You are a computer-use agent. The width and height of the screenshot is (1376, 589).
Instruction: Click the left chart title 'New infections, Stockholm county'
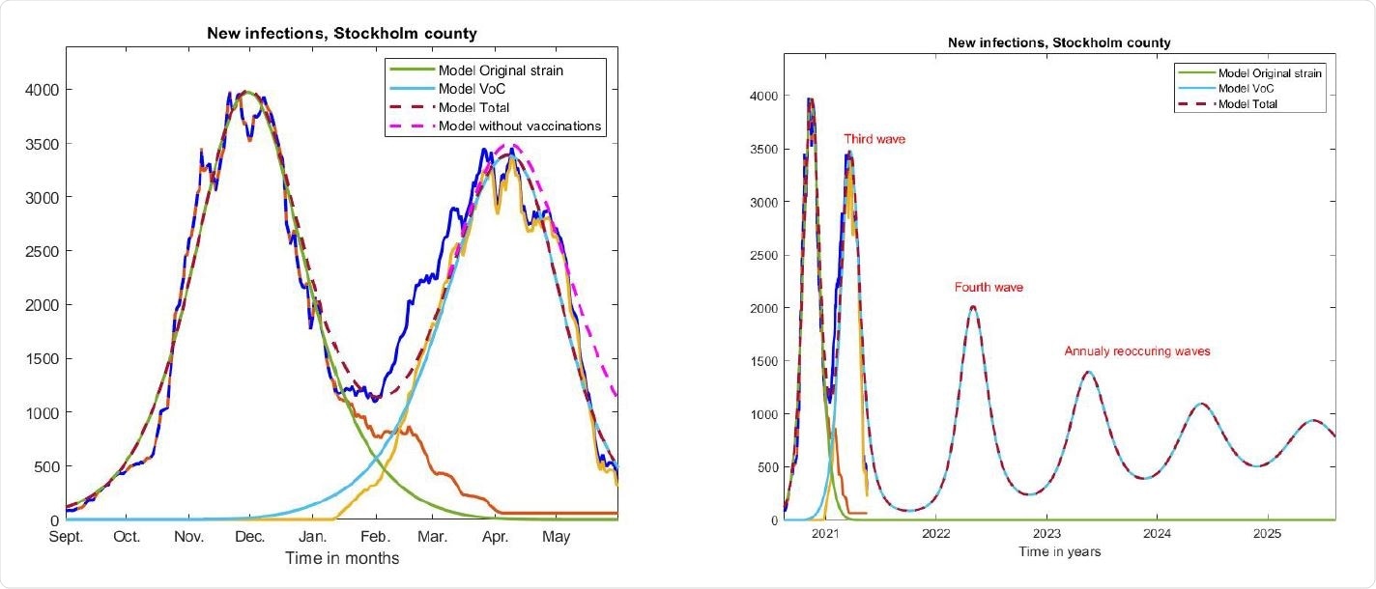click(x=341, y=34)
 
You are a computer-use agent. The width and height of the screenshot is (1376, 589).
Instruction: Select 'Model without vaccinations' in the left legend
click(x=521, y=126)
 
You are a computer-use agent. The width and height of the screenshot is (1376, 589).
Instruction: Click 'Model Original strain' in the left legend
click(x=501, y=70)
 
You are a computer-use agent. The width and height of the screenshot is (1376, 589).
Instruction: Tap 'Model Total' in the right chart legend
click(x=1248, y=103)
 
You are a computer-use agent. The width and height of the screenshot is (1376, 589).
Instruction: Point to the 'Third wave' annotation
click(x=874, y=140)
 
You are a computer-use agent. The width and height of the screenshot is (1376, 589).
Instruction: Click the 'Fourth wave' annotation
click(x=988, y=288)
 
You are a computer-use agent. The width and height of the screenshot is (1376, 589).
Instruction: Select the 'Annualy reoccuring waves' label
click(x=1136, y=351)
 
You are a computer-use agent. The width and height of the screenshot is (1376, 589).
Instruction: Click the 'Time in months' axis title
click(x=341, y=558)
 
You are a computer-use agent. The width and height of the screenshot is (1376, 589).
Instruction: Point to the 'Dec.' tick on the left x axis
click(x=250, y=537)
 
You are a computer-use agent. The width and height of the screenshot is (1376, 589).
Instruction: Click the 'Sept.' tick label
click(x=66, y=537)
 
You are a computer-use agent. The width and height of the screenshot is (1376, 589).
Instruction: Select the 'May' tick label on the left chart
click(x=556, y=537)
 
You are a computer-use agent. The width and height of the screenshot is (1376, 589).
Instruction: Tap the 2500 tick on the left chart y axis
click(x=37, y=251)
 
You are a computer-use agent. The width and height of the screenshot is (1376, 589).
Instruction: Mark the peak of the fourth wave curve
click(x=972, y=307)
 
